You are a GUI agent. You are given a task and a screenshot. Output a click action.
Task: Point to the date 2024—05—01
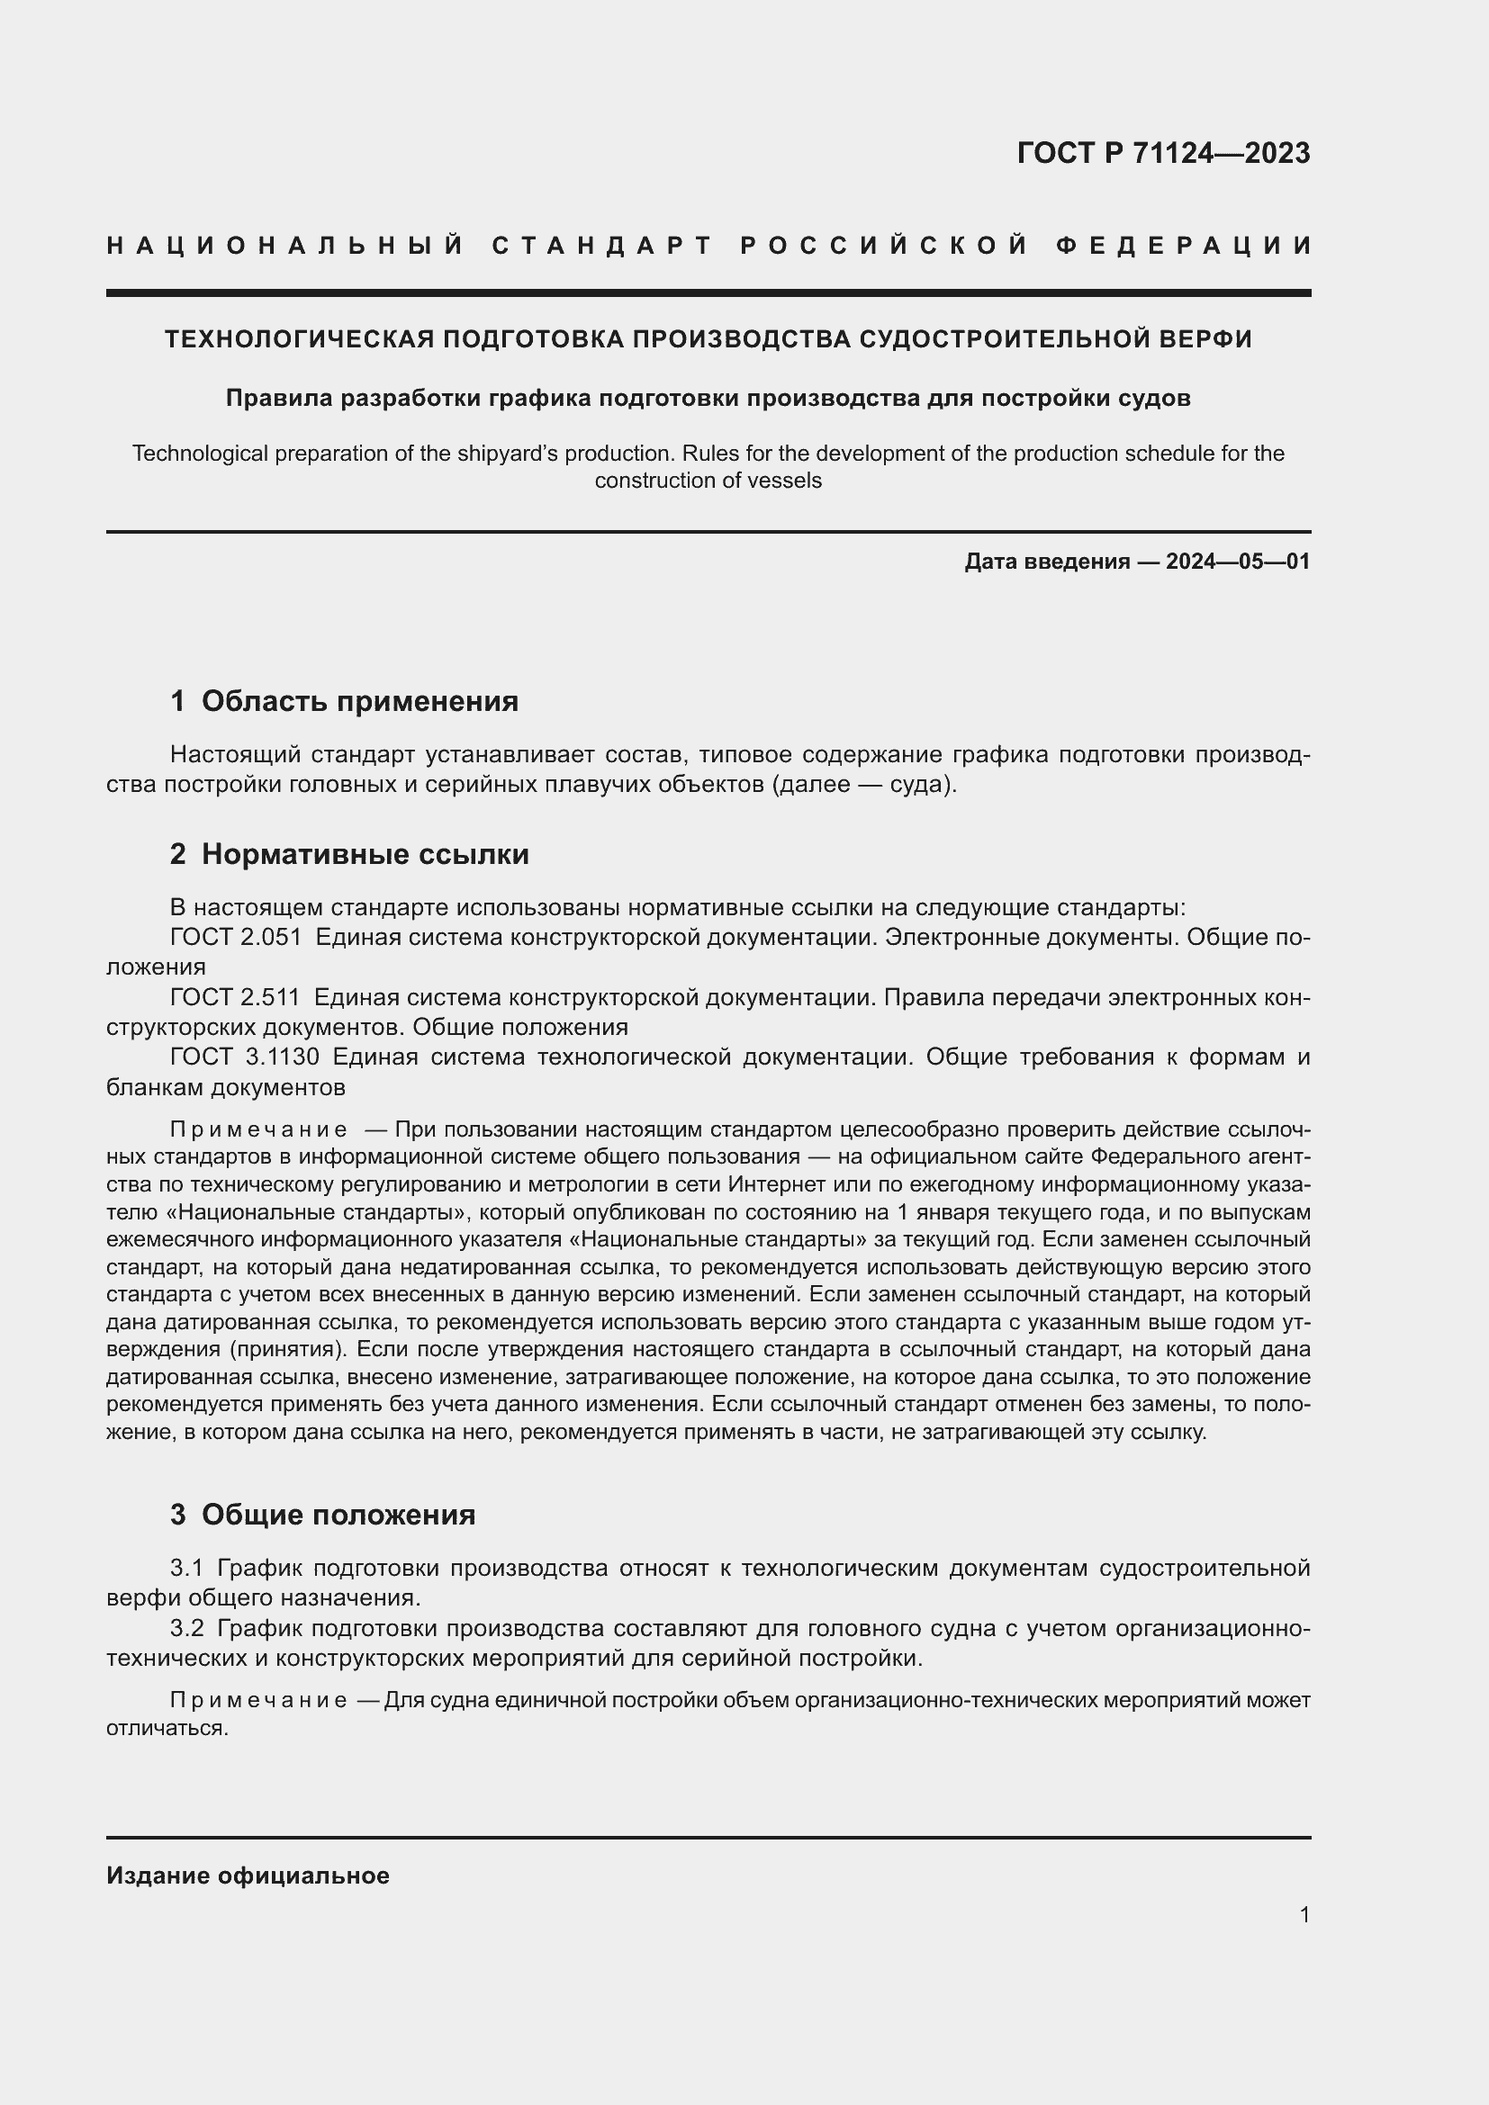coord(1238,561)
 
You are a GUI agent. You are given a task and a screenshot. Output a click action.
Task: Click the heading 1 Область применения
coord(344,701)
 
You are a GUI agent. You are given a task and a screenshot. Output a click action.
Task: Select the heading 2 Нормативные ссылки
coord(349,854)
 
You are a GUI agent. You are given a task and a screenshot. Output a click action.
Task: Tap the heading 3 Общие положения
coord(323,1515)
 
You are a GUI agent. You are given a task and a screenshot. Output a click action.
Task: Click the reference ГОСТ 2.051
coord(236,937)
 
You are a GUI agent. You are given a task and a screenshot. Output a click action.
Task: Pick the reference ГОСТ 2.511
coord(236,997)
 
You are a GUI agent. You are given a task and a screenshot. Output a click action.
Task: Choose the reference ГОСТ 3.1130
coord(245,1057)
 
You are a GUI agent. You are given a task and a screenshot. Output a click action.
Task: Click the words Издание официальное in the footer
coord(248,1876)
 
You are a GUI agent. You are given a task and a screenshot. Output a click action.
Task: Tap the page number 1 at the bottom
coord(1304,1914)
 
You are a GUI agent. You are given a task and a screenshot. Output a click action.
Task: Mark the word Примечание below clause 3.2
coord(257,1701)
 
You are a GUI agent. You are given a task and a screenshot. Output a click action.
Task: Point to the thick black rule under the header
coord(708,293)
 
